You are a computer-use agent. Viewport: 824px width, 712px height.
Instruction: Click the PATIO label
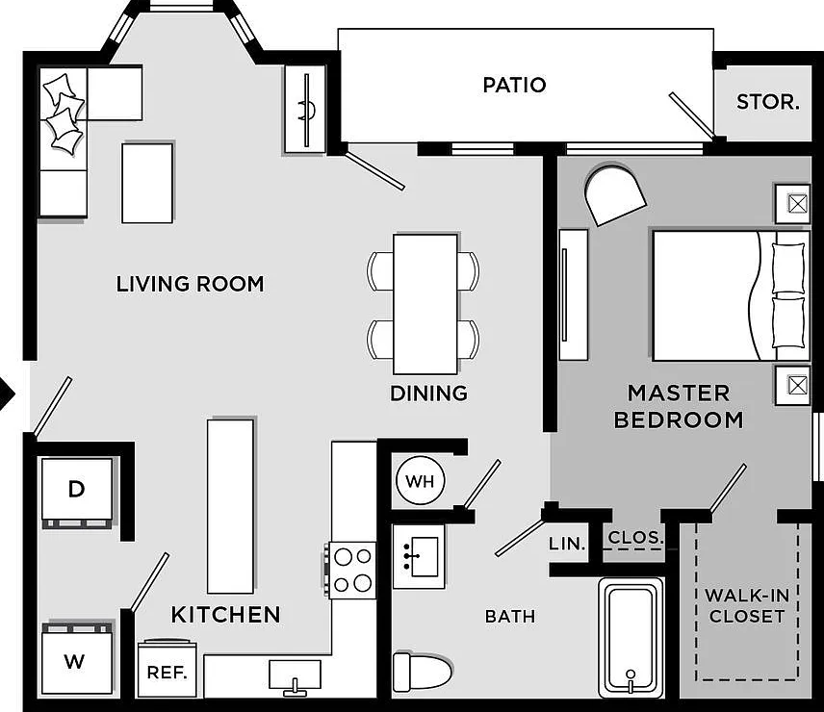pos(514,85)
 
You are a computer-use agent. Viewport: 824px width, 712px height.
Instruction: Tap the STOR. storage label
pos(768,102)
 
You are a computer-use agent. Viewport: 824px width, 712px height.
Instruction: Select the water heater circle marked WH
pos(421,480)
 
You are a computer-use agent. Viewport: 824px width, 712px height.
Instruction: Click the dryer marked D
pos(77,493)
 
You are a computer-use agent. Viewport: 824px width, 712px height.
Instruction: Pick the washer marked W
pos(77,658)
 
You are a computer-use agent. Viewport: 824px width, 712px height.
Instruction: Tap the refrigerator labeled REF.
pos(167,669)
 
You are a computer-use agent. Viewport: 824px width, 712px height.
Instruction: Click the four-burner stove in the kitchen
pos(352,571)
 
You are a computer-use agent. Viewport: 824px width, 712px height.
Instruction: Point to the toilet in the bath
pos(423,672)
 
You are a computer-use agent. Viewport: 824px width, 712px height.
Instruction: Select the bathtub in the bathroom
pos(631,638)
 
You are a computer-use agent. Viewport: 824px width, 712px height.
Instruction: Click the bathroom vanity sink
pos(420,556)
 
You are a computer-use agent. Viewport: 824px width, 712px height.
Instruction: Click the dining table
pos(425,304)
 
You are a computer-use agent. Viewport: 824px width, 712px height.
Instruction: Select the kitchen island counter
pos(230,506)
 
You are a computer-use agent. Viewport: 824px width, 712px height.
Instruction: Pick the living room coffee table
pos(147,183)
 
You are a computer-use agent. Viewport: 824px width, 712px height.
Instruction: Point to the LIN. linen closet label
pos(567,544)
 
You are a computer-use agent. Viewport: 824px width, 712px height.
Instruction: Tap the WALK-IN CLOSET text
pos(747,606)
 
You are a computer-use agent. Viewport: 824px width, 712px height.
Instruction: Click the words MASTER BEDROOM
pos(679,406)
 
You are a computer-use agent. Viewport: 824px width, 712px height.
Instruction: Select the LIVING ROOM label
pos(190,284)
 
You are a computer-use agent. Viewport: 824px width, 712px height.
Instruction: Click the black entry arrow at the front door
pos(8,394)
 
